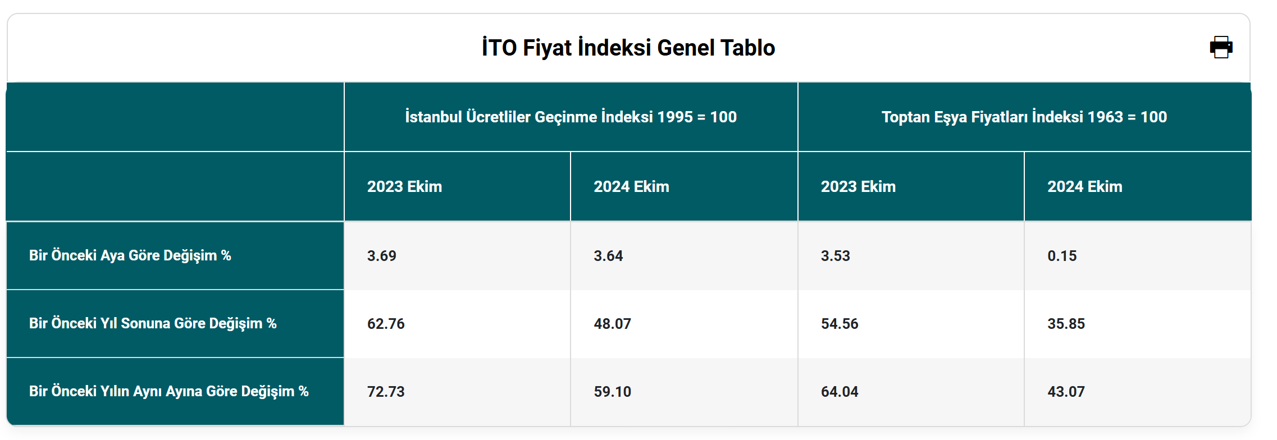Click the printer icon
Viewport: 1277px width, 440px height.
pyautogui.click(x=1221, y=47)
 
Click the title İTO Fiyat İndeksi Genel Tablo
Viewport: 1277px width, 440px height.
pyautogui.click(x=628, y=48)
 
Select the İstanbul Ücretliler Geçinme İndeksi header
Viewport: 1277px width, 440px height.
pyautogui.click(x=571, y=117)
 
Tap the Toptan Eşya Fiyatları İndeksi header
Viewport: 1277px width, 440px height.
pyautogui.click(x=1024, y=117)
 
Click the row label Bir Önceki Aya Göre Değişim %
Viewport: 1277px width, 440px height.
pyautogui.click(x=130, y=255)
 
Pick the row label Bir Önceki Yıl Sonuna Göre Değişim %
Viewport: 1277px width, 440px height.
pyautogui.click(x=153, y=323)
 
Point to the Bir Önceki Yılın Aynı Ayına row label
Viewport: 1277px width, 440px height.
pyautogui.click(x=169, y=391)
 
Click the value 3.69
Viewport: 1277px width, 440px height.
pyautogui.click(x=382, y=256)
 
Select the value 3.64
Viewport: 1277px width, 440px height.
pyautogui.click(x=609, y=256)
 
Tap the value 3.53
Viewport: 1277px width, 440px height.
pyautogui.click(x=836, y=256)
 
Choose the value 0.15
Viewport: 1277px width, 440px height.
pyautogui.click(x=1062, y=256)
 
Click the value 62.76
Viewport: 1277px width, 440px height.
pyautogui.click(x=386, y=324)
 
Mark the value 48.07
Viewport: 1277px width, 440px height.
pyautogui.click(x=613, y=324)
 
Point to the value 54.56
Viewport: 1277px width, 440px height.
pyautogui.click(x=840, y=324)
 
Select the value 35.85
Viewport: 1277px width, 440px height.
pyautogui.click(x=1066, y=324)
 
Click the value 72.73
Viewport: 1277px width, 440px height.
pyautogui.click(x=386, y=392)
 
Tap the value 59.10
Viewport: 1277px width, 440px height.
pyautogui.click(x=613, y=392)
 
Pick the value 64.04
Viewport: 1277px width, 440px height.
pyautogui.click(x=840, y=392)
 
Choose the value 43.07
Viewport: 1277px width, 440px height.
pyautogui.click(x=1066, y=392)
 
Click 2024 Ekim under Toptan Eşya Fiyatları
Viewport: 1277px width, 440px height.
pyautogui.click(x=1085, y=186)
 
